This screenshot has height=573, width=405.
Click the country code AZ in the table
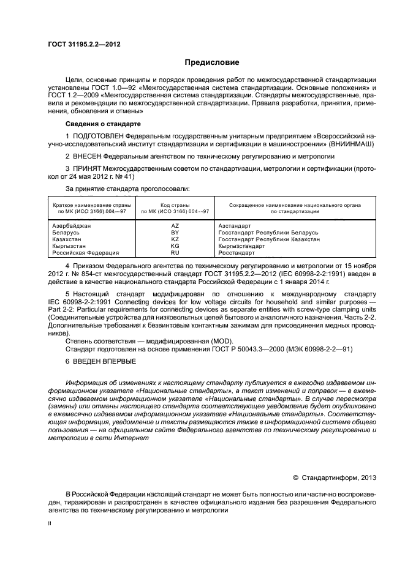tap(175, 226)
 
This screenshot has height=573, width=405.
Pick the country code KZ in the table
tap(175, 239)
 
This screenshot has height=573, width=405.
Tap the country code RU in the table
tap(175, 253)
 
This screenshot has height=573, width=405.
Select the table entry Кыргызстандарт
tap(242, 246)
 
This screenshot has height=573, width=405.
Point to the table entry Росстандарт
tap(237, 253)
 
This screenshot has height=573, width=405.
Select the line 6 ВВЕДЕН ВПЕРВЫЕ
tap(101, 361)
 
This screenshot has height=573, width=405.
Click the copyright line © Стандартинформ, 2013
tap(335, 478)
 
